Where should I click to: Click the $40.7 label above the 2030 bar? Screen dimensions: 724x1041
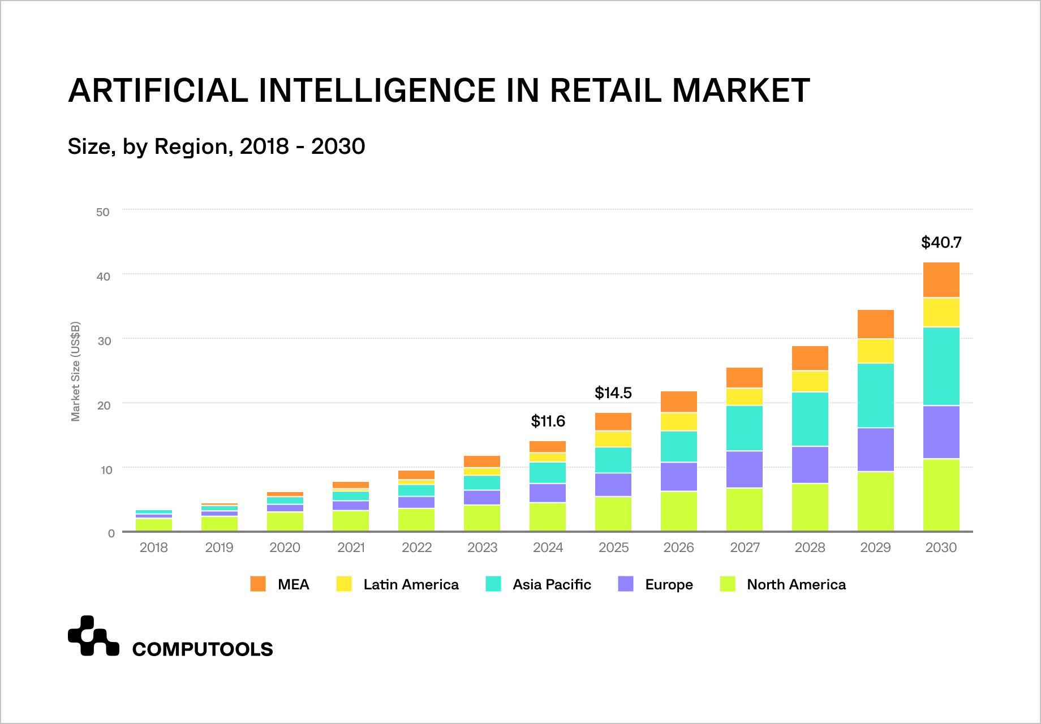(941, 243)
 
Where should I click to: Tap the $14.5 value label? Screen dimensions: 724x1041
(613, 393)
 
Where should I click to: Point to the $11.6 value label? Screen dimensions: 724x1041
(548, 421)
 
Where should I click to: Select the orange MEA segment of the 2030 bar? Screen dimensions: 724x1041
(941, 280)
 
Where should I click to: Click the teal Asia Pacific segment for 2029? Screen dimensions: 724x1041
(875, 395)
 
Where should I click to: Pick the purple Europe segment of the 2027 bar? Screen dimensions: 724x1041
(744, 469)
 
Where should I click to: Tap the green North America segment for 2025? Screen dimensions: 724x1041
(613, 514)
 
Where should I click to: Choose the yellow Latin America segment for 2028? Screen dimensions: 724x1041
(810, 382)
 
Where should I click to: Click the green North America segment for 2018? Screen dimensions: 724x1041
(154, 524)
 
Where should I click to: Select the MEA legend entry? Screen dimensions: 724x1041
(280, 584)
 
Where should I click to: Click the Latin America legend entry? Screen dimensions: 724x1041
(397, 584)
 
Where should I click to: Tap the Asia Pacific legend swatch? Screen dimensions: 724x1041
(493, 584)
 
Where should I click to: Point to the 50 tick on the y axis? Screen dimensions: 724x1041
(103, 212)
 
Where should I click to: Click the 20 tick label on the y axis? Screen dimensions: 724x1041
(103, 406)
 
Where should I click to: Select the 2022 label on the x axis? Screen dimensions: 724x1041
(416, 548)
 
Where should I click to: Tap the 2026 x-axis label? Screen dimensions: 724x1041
(678, 548)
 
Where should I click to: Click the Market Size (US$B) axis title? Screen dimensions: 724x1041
(76, 371)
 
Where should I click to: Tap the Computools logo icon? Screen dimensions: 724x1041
(93, 636)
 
